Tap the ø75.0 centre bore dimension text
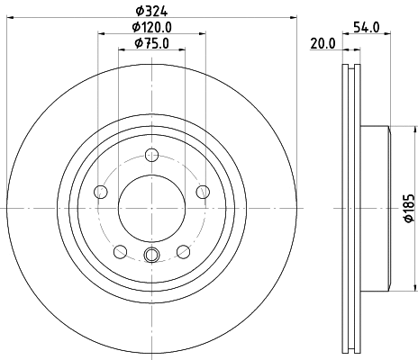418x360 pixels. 151,43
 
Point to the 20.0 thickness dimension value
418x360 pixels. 322,43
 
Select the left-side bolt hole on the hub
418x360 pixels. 100,192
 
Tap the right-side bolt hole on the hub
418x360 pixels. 203,192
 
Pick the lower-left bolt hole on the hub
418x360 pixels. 120,251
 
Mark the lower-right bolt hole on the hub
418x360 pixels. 183,251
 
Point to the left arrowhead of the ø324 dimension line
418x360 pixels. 12,20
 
